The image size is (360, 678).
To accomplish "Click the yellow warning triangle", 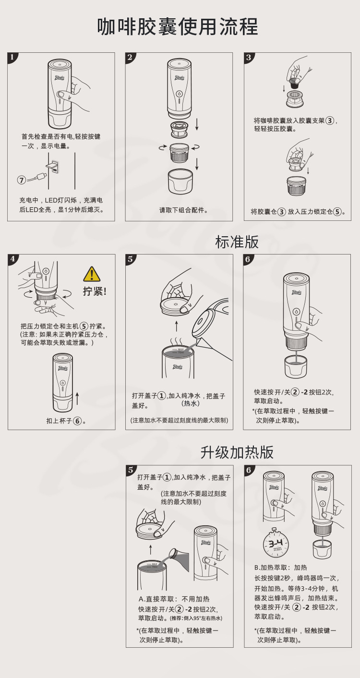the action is [92, 274].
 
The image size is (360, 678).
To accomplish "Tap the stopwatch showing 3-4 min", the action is [276, 543].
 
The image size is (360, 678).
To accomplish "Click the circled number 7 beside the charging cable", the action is [21, 180].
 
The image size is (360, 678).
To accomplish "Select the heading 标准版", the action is [237, 242].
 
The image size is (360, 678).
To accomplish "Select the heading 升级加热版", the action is [237, 452].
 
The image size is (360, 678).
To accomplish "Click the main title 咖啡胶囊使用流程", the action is [178, 26].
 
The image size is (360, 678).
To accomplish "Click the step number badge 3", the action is [249, 58].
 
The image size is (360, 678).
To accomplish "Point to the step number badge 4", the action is [12, 259].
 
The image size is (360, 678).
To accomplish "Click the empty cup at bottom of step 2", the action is [180, 182].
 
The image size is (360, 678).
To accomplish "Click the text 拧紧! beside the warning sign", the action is [95, 291].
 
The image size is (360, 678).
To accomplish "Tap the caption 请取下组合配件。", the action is [184, 210].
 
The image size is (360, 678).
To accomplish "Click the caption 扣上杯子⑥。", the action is [66, 421].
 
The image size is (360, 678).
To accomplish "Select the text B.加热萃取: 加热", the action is [280, 568].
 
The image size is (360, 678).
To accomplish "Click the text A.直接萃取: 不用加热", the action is [174, 599].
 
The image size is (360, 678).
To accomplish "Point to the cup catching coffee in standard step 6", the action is [296, 366].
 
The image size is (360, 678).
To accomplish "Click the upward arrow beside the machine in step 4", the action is [77, 399].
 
